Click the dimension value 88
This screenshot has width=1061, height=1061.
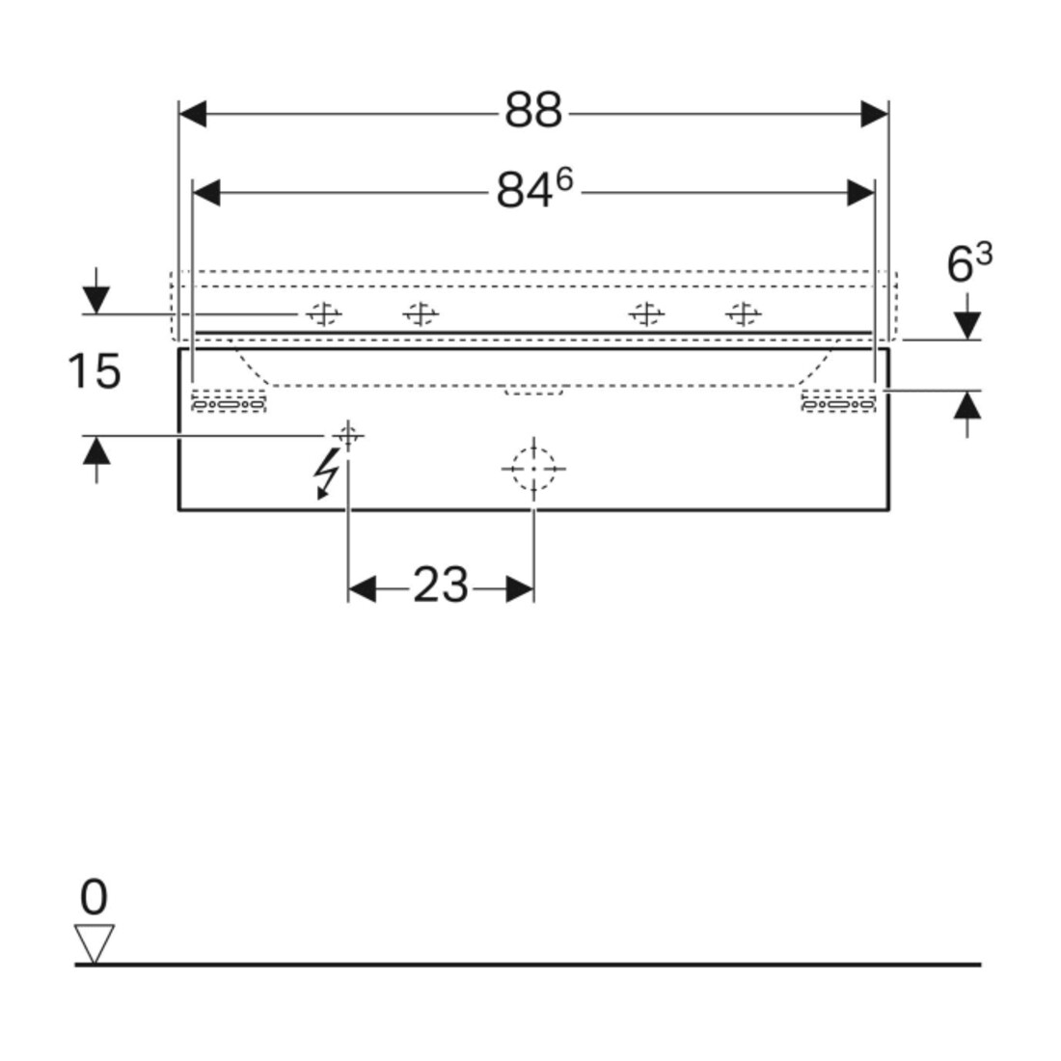coord(533,110)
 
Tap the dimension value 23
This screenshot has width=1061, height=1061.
coord(441,585)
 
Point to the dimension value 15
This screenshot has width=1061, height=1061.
coord(95,370)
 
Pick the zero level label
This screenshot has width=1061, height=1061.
coord(94,897)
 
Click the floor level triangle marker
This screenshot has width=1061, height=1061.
coord(95,942)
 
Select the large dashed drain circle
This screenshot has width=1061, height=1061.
coord(533,468)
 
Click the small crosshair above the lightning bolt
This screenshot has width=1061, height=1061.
coord(348,436)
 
